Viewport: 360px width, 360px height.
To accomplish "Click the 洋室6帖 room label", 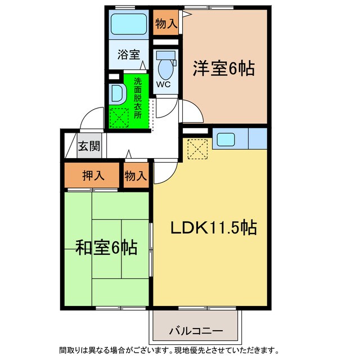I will point(223,69).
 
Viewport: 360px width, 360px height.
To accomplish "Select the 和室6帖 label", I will point(106,247).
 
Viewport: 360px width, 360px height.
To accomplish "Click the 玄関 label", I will point(89,147).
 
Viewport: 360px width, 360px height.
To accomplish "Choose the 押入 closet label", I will point(93,175).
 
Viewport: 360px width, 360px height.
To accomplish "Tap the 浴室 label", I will point(128,55).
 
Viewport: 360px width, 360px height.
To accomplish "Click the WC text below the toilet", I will point(163,84).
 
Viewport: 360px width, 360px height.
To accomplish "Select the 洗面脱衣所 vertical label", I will point(138,97).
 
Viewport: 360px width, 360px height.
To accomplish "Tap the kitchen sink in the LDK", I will point(227,138).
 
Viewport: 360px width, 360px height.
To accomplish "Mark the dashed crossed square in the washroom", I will point(119,118).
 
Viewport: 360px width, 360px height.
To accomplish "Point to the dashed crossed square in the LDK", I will point(197,148).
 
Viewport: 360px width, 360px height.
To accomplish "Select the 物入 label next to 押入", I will point(136,175).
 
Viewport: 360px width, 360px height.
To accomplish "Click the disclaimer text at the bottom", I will point(180,349).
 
